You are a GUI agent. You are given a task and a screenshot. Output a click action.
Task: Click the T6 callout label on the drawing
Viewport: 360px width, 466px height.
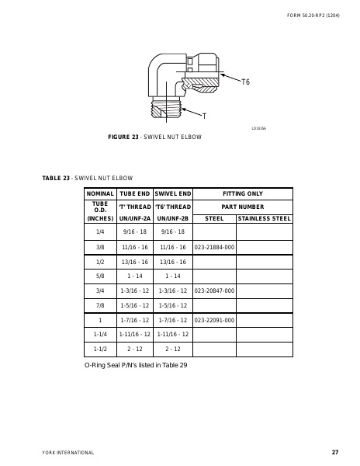(x=245, y=82)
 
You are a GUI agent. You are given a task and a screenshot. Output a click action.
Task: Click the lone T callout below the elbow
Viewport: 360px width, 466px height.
(x=203, y=116)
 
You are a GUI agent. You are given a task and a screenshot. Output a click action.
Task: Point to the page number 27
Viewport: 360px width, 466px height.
(x=334, y=452)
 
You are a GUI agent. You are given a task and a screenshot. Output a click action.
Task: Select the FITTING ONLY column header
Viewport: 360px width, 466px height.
(x=242, y=193)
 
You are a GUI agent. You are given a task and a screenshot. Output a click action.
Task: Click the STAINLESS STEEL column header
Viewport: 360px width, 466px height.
(x=264, y=219)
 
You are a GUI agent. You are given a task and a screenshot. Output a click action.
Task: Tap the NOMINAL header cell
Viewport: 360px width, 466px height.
(x=100, y=193)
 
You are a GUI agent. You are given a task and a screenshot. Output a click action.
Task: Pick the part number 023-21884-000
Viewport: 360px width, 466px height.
(x=213, y=246)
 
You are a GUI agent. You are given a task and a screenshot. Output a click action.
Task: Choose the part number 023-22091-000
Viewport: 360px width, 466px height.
(x=213, y=319)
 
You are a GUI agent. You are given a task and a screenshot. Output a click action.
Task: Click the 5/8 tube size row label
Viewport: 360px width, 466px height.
(x=100, y=276)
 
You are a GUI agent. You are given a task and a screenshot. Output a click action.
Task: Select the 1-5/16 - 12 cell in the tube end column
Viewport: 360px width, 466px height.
(x=135, y=304)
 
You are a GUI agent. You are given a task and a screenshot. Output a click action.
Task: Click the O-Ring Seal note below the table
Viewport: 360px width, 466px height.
(x=136, y=364)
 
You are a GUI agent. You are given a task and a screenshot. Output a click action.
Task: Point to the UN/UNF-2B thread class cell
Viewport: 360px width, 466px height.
(x=172, y=219)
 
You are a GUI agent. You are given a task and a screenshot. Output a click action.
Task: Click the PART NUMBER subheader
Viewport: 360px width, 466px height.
(x=242, y=207)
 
